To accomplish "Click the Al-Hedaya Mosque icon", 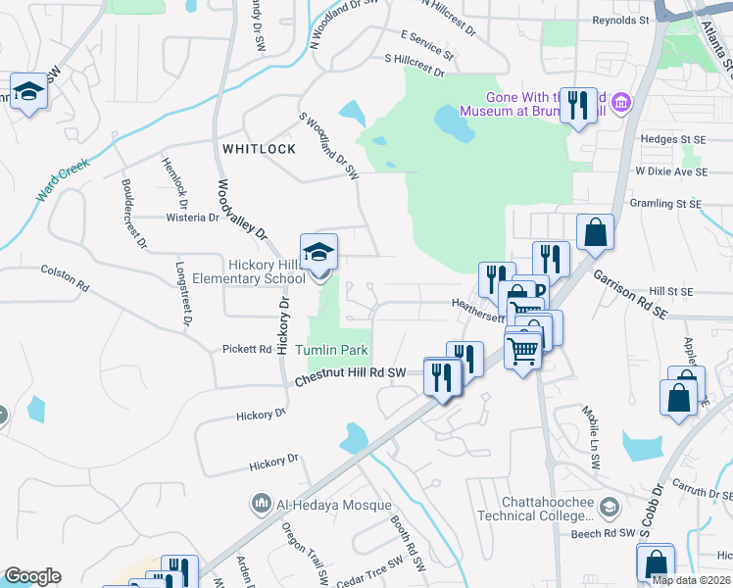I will point(262,505).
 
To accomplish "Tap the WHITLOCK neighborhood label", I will point(259,149).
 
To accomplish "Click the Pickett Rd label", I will point(246,349).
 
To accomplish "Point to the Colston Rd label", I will point(65,277).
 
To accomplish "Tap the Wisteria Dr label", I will point(192,218).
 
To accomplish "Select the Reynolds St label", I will point(620,20).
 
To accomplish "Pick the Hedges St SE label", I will point(671,139).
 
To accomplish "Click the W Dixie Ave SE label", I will point(670,171).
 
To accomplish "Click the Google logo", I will point(32,576).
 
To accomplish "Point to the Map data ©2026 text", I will point(690,580).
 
